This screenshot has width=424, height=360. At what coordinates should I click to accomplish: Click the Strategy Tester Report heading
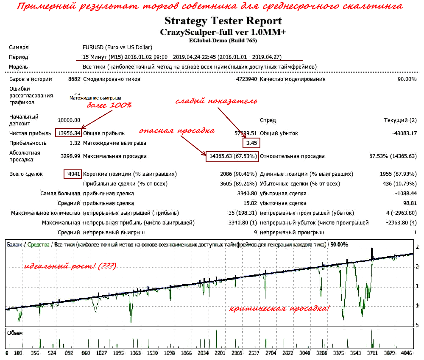(223, 21)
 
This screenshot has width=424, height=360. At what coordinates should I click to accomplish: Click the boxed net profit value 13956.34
(68, 133)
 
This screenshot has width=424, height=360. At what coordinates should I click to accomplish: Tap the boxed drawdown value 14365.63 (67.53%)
(232, 156)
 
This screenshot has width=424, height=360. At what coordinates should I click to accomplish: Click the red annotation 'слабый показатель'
(216, 101)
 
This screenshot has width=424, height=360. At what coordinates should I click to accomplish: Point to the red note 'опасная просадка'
(176, 130)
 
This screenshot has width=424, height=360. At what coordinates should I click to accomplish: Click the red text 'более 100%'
(109, 105)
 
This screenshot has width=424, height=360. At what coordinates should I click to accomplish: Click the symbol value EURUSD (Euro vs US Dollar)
(117, 47)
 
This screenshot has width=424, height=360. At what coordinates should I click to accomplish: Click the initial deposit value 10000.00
(69, 121)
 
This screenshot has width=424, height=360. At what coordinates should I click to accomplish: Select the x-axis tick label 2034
(204, 352)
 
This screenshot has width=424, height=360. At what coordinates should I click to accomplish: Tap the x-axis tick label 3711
(372, 352)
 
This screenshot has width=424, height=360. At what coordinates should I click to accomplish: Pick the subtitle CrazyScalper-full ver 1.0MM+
(223, 32)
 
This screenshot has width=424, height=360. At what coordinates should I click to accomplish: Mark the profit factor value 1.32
(75, 143)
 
